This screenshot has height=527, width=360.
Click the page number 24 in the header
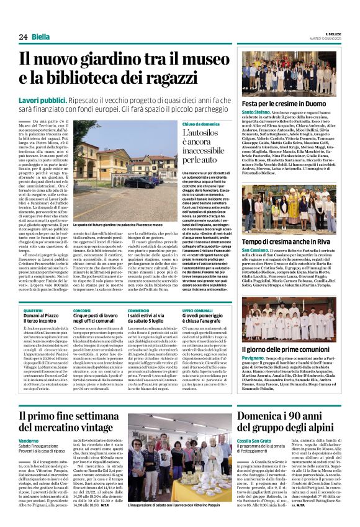(x=23, y=36)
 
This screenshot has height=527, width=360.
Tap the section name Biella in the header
(x=40, y=36)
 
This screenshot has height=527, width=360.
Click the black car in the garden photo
(x=142, y=182)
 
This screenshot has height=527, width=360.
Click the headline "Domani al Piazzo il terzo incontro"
(x=41, y=320)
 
